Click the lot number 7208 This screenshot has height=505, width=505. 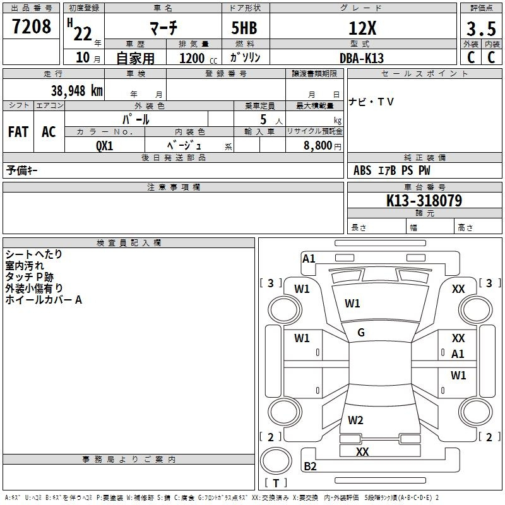[32, 27]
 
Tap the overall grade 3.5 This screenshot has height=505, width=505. [481, 29]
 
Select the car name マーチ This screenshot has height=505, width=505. [163, 28]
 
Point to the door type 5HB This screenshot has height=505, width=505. [244, 28]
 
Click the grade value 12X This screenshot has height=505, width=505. [362, 28]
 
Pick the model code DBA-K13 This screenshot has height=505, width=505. [362, 58]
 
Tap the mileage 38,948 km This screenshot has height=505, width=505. [76, 91]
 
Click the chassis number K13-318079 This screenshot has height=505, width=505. [424, 201]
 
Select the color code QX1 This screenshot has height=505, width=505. [104, 146]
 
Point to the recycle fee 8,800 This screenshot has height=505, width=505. [318, 146]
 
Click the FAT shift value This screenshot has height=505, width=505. [18, 132]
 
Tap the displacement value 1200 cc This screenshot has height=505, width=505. [198, 59]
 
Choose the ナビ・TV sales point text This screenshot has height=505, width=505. [371, 102]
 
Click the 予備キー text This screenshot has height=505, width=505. [21, 170]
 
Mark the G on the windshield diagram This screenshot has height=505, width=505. [361, 333]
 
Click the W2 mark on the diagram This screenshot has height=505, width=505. [355, 420]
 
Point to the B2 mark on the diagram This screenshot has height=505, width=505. [310, 466]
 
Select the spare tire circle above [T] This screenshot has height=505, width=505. [276, 461]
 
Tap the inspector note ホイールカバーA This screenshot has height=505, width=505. [44, 300]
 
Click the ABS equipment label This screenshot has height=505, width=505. [362, 170]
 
